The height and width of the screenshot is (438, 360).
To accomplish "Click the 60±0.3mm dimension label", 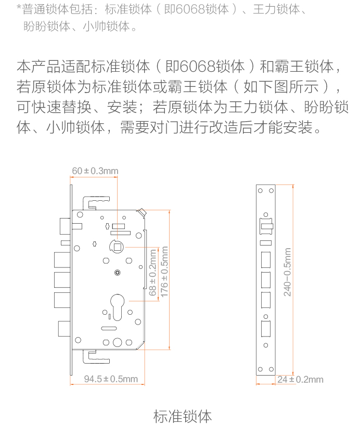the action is pos(95,171).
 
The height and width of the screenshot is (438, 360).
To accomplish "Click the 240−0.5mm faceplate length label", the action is pos(287,272).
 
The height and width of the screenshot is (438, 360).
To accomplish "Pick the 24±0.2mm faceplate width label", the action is pos(300,379).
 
